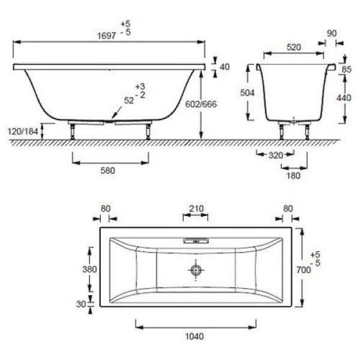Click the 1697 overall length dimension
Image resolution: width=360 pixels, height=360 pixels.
tap(107, 35)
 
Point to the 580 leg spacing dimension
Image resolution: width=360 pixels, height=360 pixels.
tap(107, 170)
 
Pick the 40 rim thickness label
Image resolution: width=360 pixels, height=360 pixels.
tap(225, 67)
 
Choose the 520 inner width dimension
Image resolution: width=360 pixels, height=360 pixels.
tap(295, 47)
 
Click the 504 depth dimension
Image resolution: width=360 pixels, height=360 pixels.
tap(247, 93)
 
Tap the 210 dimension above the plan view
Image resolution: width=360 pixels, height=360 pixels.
tap(196, 209)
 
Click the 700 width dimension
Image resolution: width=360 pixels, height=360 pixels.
tap(304, 270)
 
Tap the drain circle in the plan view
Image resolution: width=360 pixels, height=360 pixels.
tap(196, 270)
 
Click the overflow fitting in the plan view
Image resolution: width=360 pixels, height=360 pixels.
tap(195, 241)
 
